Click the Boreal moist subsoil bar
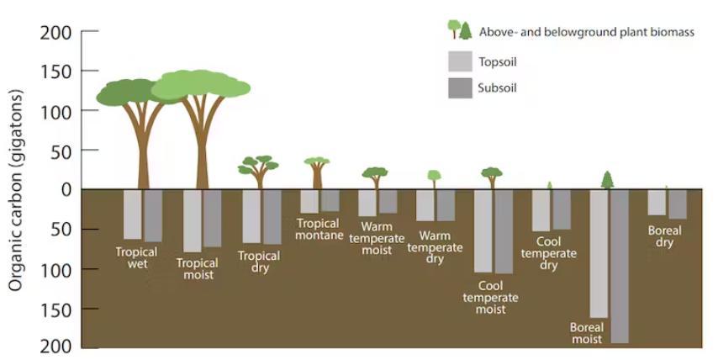619,267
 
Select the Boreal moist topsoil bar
599,254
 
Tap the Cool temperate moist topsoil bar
483,231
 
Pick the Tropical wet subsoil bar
153,215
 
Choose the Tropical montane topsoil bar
309,202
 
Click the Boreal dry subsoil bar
678,204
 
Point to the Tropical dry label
259,262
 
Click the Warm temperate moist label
377,238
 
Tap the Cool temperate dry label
548,253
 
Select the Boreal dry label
664,236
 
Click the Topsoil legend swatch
460,61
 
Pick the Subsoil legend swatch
460,87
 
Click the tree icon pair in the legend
459,29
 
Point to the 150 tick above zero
90,71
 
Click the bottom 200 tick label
55,347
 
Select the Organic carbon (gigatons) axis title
16,190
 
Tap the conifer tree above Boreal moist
607,180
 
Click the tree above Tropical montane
317,172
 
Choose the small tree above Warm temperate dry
434,179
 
